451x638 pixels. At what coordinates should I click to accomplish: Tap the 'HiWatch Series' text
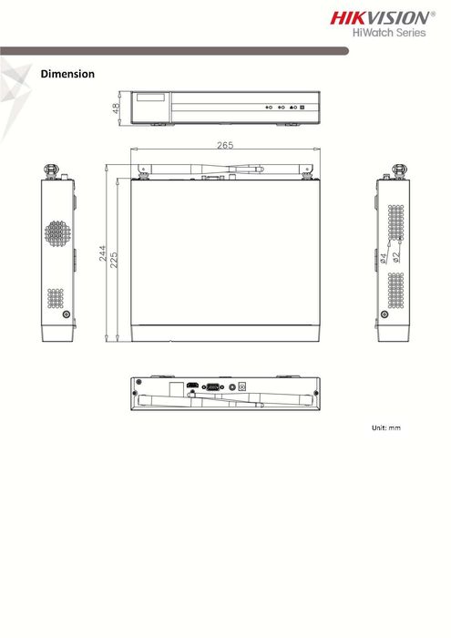pos(389,33)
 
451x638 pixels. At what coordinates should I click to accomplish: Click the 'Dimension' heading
pos(67,74)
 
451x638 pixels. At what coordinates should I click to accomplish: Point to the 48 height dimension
pos(116,108)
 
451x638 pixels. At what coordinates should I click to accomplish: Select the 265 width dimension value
pos(225,145)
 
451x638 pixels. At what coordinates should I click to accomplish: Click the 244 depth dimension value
pos(102,252)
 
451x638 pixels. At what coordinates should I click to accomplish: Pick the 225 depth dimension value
pos(114,260)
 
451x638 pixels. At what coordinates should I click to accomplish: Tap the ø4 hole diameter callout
pos(383,258)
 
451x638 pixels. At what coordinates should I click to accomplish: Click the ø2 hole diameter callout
pos(396,257)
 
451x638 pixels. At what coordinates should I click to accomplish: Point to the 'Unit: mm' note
pos(386,427)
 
